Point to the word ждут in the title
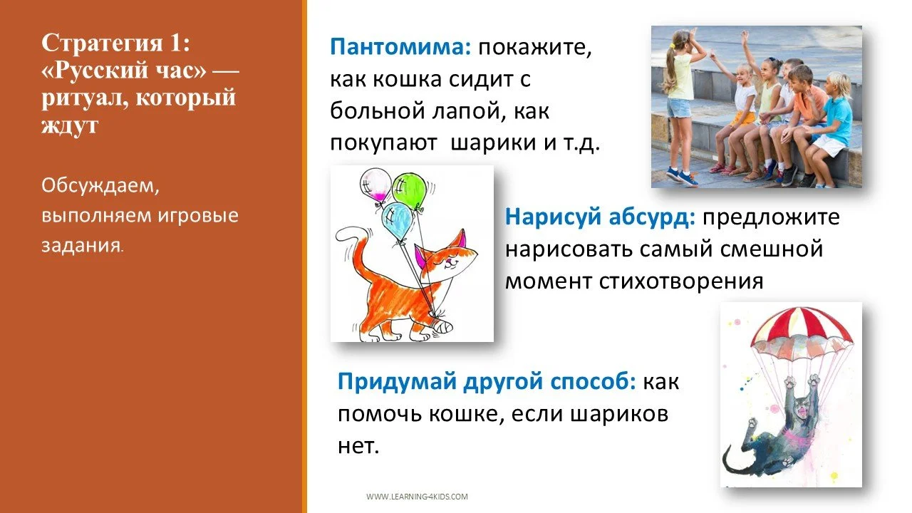pos(70,125)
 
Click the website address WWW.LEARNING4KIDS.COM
pos(417,497)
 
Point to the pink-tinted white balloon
pos(375,187)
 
